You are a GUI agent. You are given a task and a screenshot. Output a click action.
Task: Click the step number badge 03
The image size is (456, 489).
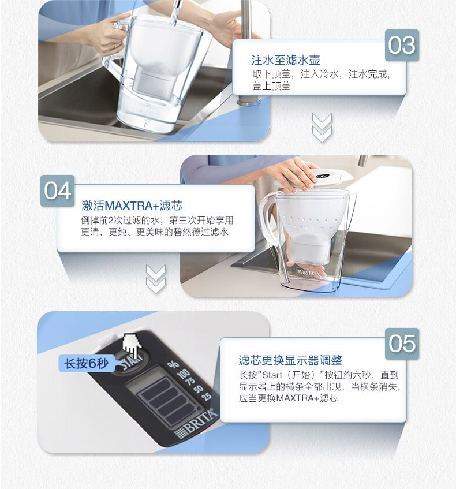point(402,45)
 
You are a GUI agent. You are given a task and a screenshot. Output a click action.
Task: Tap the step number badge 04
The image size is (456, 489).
point(58,191)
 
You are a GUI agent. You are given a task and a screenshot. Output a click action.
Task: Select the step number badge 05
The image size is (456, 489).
point(402,344)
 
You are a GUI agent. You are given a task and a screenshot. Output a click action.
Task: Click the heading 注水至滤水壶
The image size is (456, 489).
point(286,60)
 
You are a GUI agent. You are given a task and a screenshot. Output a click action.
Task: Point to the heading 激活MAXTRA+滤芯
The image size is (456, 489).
point(132,206)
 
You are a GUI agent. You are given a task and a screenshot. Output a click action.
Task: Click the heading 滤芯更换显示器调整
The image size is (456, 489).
point(290,360)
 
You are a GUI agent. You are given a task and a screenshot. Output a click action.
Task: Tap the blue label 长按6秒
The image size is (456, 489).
point(87,363)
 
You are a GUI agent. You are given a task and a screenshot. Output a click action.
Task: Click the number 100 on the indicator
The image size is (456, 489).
point(184,374)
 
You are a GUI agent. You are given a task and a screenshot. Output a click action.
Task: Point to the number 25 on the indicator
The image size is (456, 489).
point(206,396)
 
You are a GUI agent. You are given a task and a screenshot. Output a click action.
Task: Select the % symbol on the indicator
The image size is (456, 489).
point(173,364)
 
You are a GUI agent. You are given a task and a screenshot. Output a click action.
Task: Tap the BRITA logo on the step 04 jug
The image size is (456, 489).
point(306,273)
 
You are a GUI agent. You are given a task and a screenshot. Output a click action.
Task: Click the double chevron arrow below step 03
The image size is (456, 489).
point(322,128)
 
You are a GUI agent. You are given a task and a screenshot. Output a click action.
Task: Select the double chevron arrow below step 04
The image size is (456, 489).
point(156,279)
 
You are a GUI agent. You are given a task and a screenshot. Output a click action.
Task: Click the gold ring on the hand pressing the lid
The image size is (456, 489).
point(287,173)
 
